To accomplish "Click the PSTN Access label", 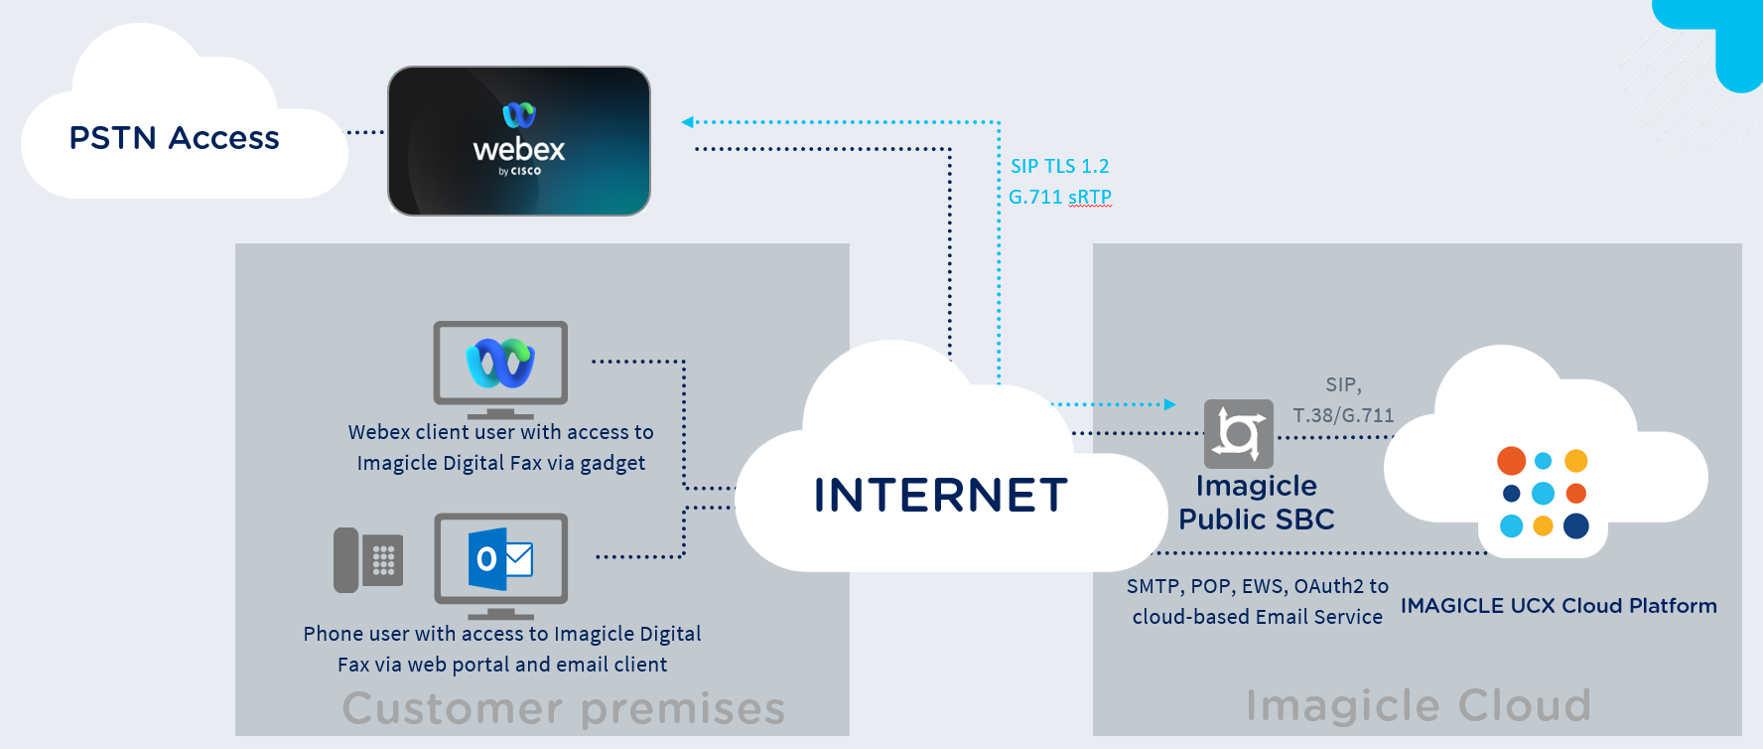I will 174,138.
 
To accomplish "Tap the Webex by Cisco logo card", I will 518,141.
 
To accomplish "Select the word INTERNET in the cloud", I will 940,496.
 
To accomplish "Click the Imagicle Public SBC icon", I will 1238,433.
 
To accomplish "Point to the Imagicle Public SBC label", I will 1256,503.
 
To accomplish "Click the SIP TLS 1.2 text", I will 1059,167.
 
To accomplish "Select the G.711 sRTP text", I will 1059,198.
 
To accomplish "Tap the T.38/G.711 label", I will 1343,416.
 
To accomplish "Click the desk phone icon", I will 368,560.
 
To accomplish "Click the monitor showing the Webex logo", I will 500,367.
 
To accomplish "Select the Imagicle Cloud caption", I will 1418,705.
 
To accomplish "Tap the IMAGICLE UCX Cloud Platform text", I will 1558,606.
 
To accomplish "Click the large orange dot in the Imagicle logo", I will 1511,461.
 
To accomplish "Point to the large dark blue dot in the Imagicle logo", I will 1575,526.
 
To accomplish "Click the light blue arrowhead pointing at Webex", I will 687,122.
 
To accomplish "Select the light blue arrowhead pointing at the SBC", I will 1170,404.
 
